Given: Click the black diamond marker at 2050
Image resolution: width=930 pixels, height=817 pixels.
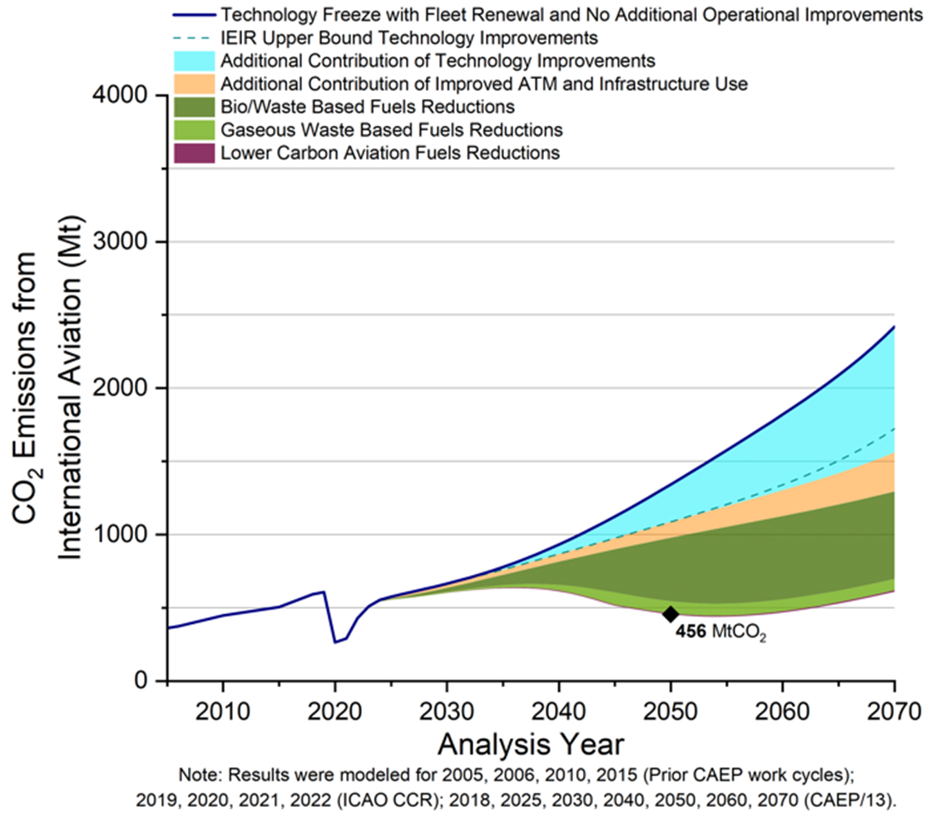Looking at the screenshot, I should pos(670,614).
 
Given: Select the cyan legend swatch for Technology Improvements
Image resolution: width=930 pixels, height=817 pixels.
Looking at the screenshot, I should pos(193,61).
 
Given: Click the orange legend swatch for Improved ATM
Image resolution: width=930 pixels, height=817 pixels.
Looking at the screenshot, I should pos(193,84).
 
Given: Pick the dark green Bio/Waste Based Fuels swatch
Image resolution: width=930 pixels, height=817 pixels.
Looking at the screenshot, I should pos(193,107).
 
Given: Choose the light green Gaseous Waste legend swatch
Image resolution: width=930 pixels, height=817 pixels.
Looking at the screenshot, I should pos(193,130).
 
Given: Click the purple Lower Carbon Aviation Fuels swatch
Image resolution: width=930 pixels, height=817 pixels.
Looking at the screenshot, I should pos(193,153).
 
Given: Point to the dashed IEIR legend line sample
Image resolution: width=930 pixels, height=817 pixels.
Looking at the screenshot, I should pos(193,38).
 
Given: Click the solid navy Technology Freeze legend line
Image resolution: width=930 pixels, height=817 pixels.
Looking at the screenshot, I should pos(193,15).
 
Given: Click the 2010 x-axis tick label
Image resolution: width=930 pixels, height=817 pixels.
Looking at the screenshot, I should pos(222,712).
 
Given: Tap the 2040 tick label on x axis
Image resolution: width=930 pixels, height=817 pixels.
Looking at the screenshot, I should pos(558,712).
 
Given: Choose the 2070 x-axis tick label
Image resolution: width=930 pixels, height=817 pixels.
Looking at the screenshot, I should pos(893,712).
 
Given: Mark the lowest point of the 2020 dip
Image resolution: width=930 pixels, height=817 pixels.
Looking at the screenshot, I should pos(335,642).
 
